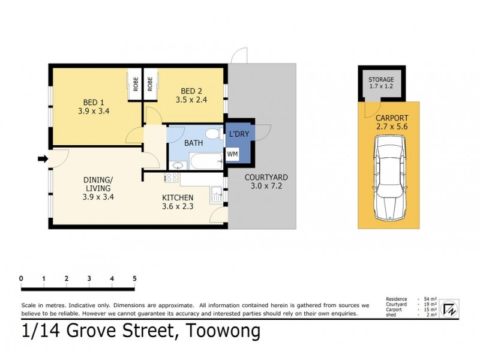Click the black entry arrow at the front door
[43, 159]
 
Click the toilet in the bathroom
[209, 133]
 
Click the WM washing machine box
[232, 155]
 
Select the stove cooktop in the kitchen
[170, 178]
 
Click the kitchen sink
[215, 194]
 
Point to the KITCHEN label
[178, 197]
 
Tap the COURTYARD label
[266, 178]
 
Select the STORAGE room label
[381, 79]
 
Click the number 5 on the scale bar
[135, 278]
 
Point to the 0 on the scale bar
[21, 278]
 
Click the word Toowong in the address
[224, 331]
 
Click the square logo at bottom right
[448, 309]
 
